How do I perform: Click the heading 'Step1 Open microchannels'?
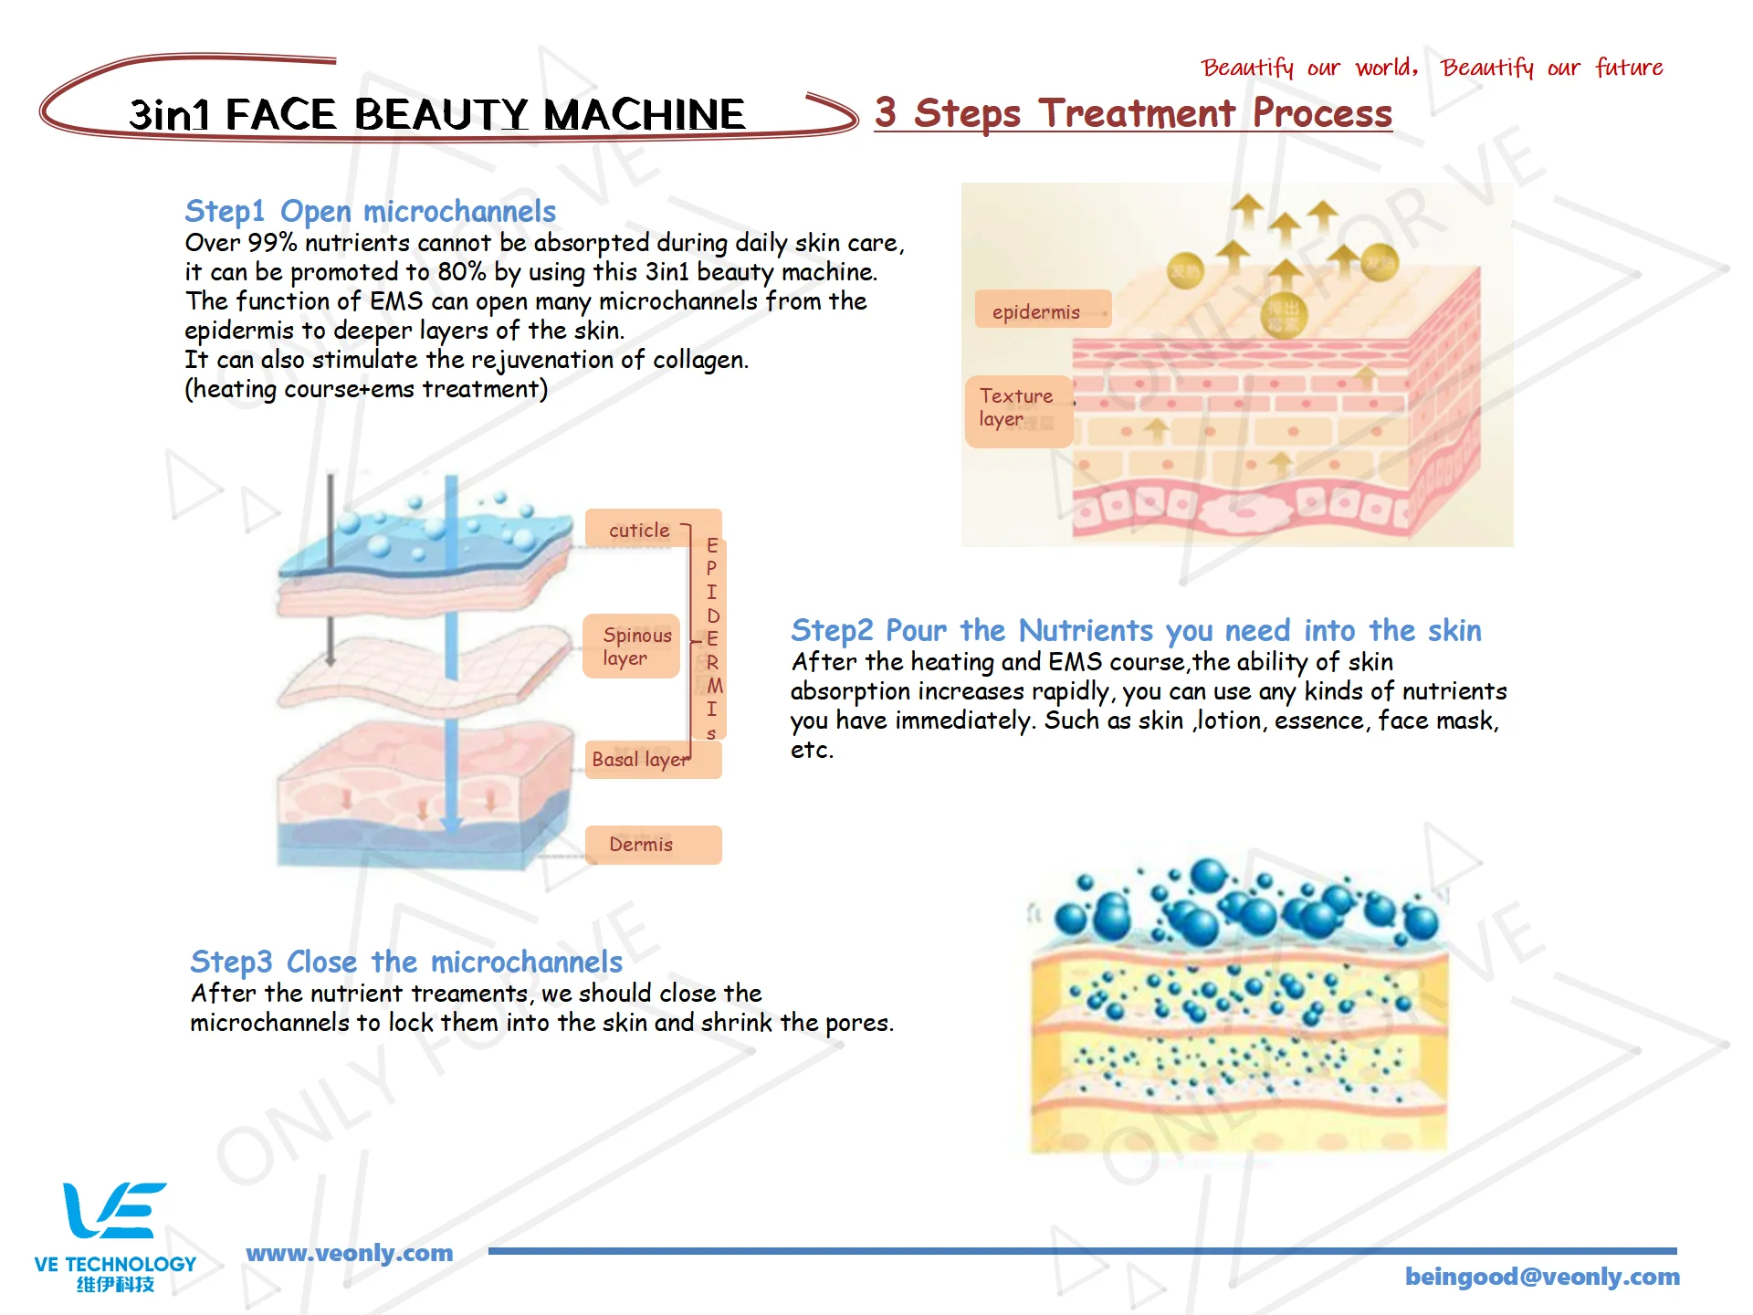(370, 211)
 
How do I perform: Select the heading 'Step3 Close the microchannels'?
(406, 962)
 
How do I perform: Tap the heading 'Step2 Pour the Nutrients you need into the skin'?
(1136, 630)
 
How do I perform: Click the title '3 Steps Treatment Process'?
(1133, 113)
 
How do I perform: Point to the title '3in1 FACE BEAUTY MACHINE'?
(436, 115)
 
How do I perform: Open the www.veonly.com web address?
(350, 1253)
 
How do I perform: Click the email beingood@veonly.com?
(1542, 1277)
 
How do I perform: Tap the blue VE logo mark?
(114, 1210)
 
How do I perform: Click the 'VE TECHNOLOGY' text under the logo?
(115, 1265)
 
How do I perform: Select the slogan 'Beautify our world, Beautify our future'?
(1432, 68)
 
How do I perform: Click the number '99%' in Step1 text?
(272, 243)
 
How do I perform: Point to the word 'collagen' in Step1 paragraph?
(700, 360)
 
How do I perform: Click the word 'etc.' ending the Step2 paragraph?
(812, 750)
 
